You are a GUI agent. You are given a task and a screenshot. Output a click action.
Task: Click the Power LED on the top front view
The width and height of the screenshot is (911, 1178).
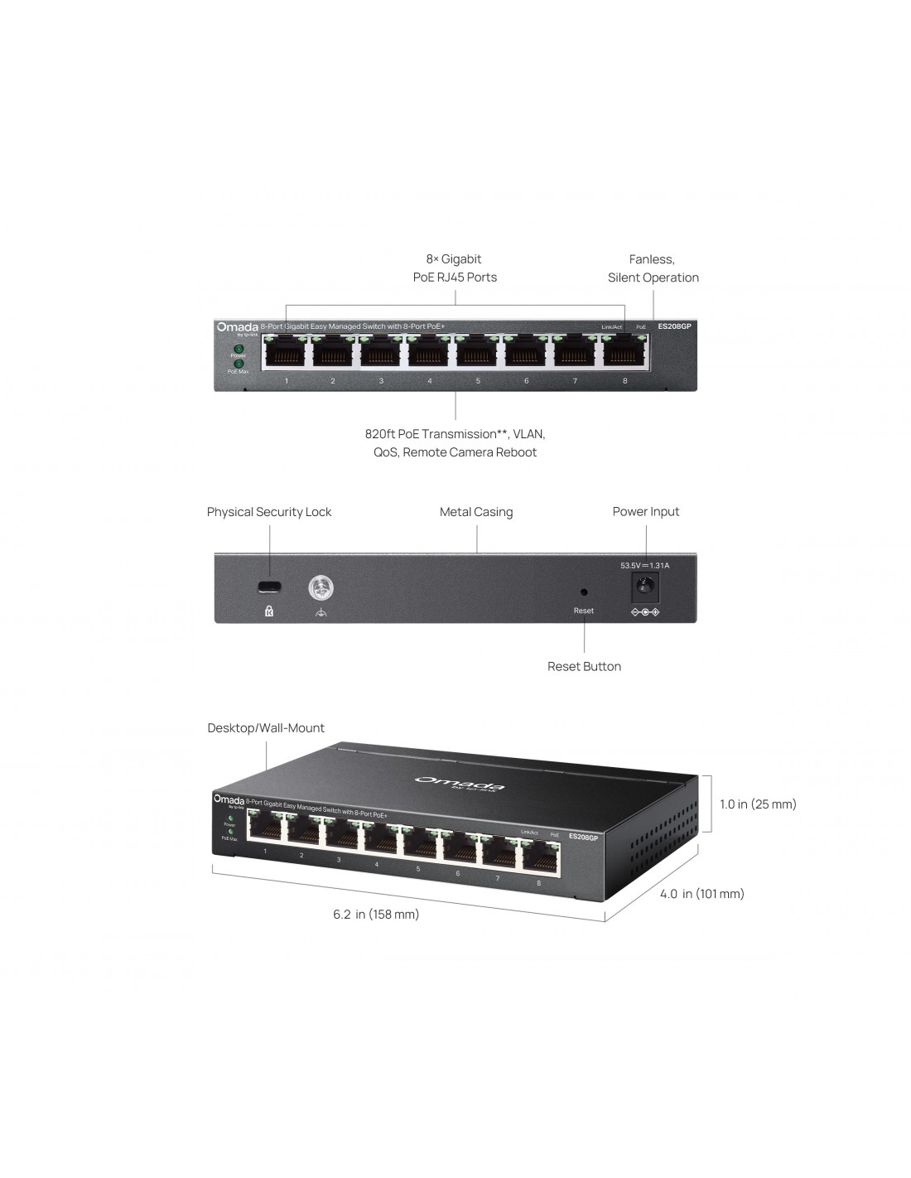239,349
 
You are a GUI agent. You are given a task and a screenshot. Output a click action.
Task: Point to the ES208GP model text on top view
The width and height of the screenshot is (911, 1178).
674,326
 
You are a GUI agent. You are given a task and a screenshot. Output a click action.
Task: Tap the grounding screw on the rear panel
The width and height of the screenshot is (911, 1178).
320,588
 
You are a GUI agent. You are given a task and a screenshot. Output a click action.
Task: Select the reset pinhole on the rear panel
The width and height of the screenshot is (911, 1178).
584,592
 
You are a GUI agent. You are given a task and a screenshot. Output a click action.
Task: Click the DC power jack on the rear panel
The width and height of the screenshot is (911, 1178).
645,588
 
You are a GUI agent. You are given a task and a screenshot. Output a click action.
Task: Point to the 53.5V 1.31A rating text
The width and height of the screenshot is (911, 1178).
644,566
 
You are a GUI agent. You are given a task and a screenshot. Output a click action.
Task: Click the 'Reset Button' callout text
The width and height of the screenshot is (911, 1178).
584,666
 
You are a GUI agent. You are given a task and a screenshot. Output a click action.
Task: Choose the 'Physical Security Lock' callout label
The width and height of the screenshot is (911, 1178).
269,512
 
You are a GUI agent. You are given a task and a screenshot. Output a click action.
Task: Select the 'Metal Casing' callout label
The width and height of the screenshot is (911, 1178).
476,512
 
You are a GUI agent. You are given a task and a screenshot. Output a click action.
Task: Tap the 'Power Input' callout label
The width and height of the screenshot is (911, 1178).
646,512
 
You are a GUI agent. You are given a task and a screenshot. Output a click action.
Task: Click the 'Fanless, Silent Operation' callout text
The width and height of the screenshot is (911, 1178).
653,268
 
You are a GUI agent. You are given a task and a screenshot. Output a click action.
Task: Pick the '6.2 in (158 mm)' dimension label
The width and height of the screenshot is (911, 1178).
376,915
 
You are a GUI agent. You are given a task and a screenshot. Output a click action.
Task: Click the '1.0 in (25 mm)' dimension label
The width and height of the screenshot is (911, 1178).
758,804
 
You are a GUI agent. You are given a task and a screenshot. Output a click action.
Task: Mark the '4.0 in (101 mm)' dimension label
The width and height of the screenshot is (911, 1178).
701,894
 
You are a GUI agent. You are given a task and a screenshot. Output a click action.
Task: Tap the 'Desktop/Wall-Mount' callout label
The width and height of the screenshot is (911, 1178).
266,728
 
